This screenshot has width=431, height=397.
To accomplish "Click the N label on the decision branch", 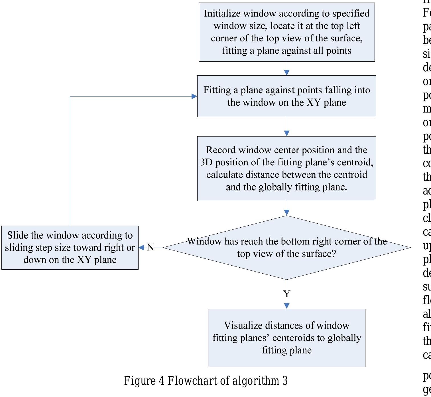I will (150, 247).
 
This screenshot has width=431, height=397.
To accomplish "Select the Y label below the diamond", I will (287, 294).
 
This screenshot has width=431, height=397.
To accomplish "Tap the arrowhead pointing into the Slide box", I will (141, 248).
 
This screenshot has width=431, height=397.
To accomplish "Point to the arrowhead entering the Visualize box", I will (287, 306).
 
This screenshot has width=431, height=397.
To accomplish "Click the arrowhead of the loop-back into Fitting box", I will (194, 97).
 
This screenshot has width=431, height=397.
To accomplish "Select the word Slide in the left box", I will (17, 235).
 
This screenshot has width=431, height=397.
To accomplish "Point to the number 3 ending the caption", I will (285, 381).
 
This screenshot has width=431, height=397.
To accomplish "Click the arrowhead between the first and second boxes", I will (287, 73).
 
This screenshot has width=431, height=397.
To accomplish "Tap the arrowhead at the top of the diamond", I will (287, 212).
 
